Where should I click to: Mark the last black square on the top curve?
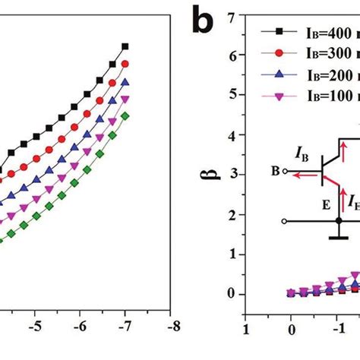pyautogui.click(x=125, y=46)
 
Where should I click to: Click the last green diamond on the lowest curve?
pyautogui.click(x=125, y=115)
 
